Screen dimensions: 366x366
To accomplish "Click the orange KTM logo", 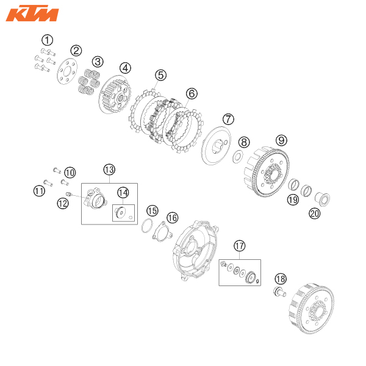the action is [x=32, y=13].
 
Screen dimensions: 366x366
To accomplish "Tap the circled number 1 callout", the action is [x=47, y=40].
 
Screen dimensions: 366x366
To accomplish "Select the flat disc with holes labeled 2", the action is [x=67, y=71].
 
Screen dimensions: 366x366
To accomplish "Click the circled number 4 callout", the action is [x=125, y=68].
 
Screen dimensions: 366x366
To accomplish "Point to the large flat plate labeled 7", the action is [x=216, y=145].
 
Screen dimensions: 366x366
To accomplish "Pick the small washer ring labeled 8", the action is [x=238, y=157].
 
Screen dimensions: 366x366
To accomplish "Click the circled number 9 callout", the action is [x=281, y=140].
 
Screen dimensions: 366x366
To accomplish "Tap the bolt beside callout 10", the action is [x=57, y=171].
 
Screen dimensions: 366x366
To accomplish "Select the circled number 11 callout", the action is [x=39, y=191].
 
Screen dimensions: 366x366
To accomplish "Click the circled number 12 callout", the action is [x=63, y=203].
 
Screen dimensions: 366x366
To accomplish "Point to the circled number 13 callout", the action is [x=109, y=170].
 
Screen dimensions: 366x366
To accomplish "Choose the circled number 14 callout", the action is [x=123, y=193].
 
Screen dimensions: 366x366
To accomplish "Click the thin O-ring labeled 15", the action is [x=147, y=226].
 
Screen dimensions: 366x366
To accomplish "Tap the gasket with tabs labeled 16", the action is [x=163, y=232].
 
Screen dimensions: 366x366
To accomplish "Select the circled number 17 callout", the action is [x=240, y=246].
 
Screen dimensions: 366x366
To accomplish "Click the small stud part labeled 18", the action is [x=279, y=292].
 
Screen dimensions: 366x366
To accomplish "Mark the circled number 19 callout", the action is [x=293, y=200].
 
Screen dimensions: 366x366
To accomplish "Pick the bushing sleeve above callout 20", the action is [x=322, y=199].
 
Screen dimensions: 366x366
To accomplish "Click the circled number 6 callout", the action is [x=192, y=93].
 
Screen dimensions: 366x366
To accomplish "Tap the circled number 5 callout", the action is [x=161, y=75].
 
